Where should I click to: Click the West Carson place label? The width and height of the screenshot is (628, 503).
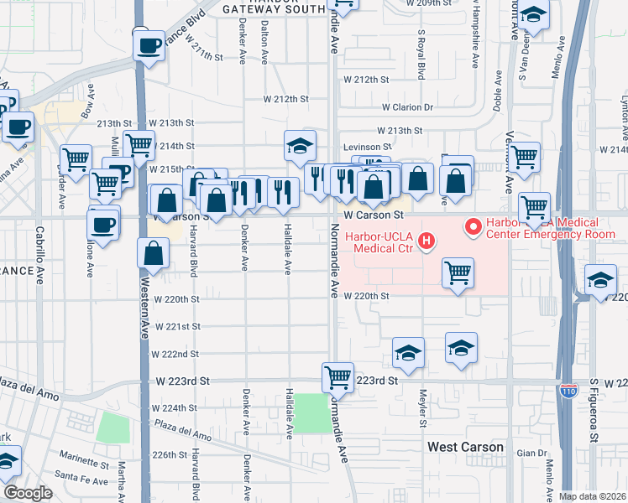click(x=465, y=447)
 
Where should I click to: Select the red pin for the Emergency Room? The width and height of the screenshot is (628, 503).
click(x=473, y=226)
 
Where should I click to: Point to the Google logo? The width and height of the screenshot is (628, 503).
click(x=28, y=493)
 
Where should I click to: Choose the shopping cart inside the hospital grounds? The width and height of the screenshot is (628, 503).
click(x=458, y=272)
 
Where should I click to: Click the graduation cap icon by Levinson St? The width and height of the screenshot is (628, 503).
click(x=300, y=146)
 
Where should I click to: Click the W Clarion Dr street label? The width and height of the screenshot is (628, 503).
click(x=407, y=107)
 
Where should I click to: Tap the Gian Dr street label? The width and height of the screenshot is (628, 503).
click(x=531, y=453)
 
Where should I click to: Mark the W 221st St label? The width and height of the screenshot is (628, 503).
click(x=177, y=326)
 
